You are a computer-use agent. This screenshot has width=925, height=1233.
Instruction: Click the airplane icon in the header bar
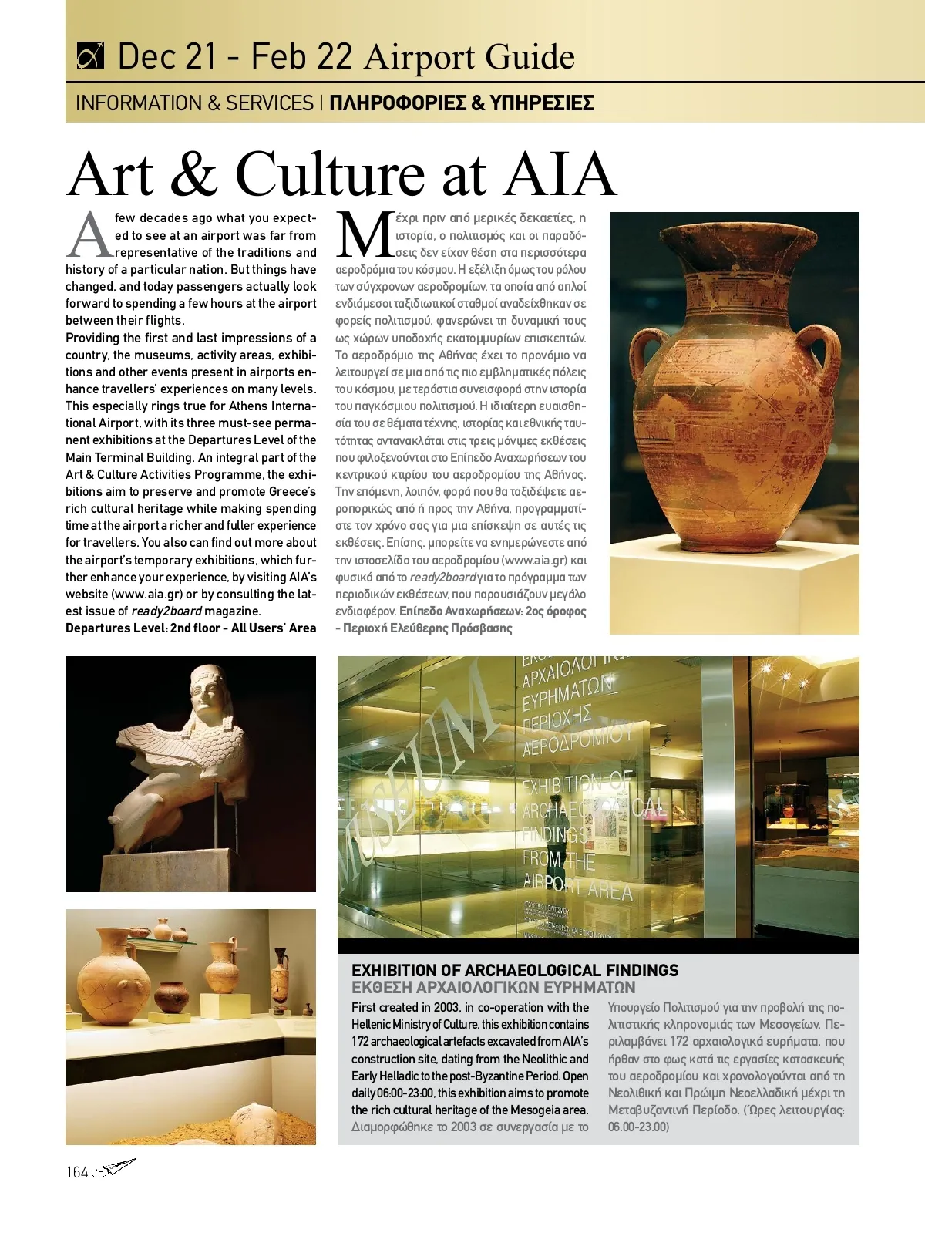point(90,57)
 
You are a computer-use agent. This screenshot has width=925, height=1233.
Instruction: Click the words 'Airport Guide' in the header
point(469,57)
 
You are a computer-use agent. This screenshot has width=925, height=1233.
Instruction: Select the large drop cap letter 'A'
point(90,235)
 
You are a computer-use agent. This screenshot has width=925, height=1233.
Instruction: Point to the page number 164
point(77,1172)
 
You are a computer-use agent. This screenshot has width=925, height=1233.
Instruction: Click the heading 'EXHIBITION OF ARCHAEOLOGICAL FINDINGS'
point(515,970)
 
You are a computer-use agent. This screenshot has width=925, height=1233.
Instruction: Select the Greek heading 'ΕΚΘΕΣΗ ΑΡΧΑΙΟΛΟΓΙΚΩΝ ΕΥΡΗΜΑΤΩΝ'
point(493,988)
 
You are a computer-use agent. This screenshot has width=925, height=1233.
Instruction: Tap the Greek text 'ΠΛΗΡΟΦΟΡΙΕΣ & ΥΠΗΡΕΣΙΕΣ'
point(461,103)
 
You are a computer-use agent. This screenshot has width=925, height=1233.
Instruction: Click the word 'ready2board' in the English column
point(166,611)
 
